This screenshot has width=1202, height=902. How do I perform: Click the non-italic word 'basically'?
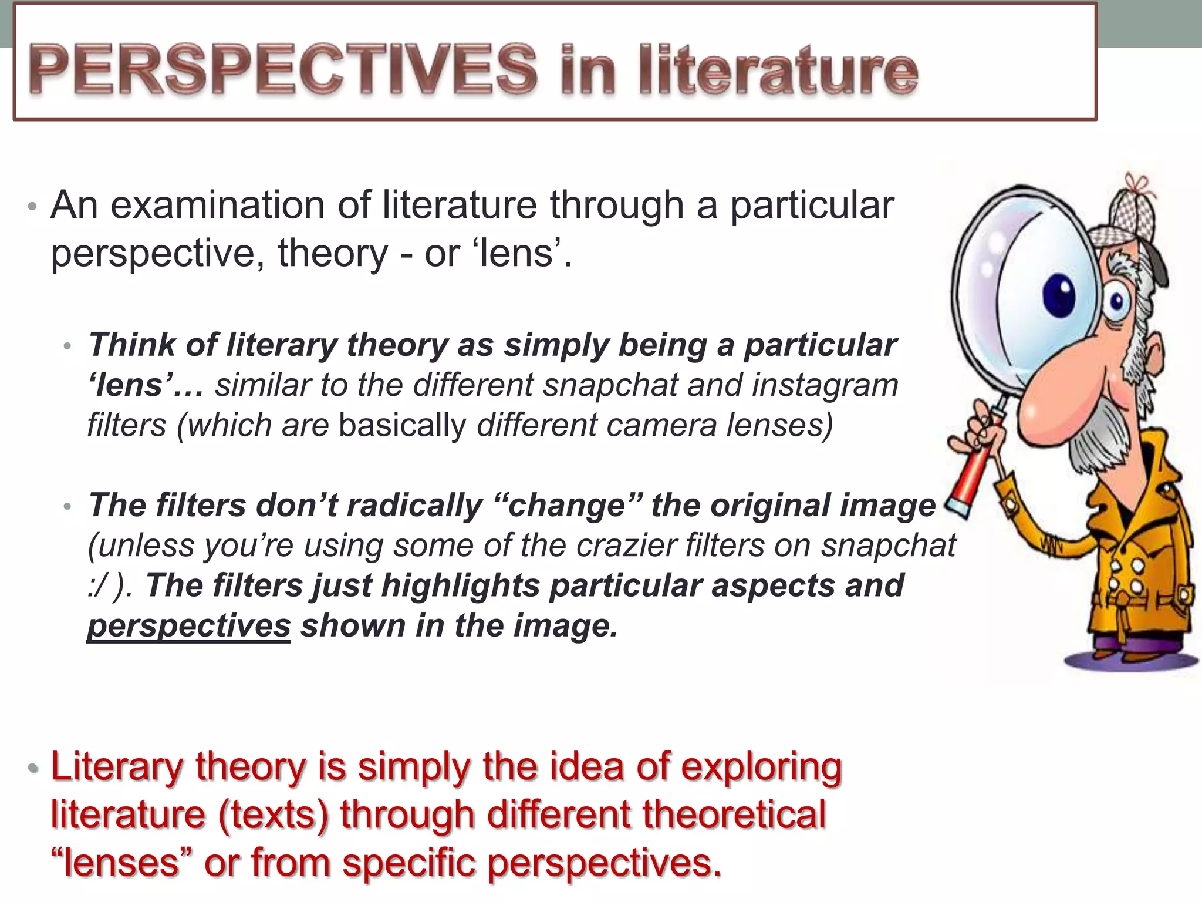402,425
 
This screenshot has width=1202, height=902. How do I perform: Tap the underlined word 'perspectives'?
188,626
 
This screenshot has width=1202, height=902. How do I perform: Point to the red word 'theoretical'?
734,815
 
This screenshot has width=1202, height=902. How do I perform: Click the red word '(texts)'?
274,815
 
